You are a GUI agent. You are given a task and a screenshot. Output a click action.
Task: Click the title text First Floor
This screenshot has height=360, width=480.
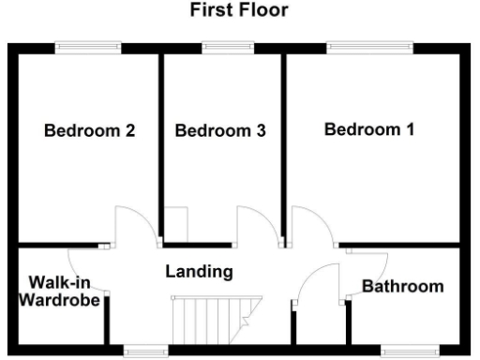[x=239, y=11]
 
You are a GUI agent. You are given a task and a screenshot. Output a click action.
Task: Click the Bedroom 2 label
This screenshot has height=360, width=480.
[x=90, y=131]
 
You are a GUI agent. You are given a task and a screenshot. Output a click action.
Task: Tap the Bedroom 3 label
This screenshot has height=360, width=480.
[x=220, y=131]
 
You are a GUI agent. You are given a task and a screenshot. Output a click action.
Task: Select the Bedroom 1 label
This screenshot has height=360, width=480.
[x=369, y=129]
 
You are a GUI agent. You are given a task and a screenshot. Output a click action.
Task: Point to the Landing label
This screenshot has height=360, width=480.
[x=199, y=272]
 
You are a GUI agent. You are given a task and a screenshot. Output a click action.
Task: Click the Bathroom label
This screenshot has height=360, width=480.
[x=403, y=286]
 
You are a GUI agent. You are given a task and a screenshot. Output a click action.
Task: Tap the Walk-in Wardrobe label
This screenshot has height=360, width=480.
[x=58, y=292]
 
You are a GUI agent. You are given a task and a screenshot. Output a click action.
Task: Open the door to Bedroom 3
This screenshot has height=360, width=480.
[x=257, y=226]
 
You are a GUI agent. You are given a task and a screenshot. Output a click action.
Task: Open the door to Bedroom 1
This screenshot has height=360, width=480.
[x=309, y=226]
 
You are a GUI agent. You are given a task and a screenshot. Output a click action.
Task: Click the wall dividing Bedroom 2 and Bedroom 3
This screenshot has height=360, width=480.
[x=160, y=141]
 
